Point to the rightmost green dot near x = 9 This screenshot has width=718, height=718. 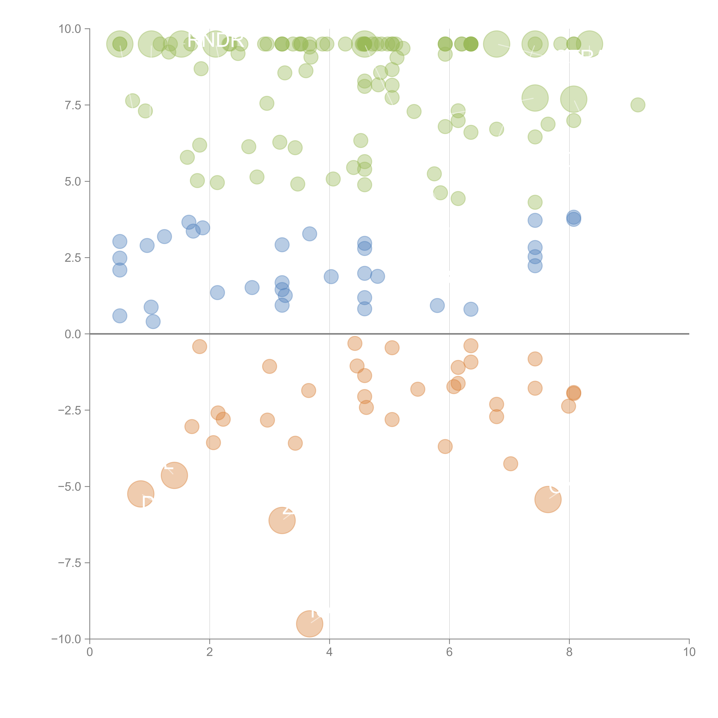tap(638, 105)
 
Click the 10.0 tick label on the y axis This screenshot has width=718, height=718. tap(70, 29)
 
